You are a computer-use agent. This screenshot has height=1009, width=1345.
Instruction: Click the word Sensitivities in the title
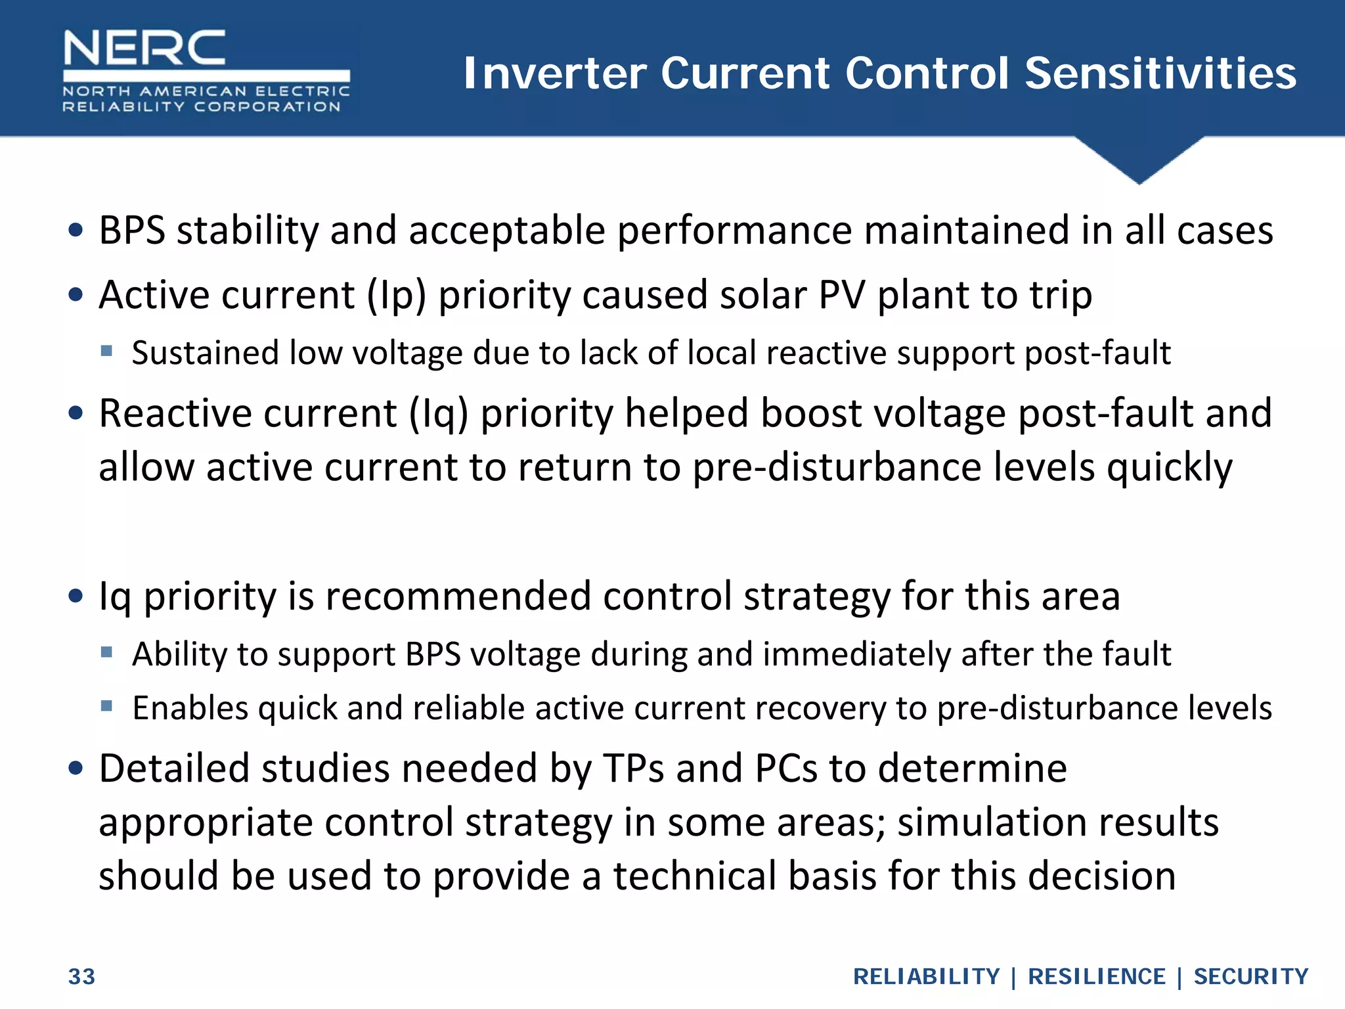[x=1160, y=73]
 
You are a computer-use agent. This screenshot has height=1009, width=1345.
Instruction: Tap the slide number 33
[x=81, y=977]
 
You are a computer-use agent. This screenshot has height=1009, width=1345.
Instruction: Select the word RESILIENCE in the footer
[x=1096, y=977]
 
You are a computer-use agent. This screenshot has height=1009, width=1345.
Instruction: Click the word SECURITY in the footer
[x=1250, y=977]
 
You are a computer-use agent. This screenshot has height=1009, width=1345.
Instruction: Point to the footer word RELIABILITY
[x=926, y=977]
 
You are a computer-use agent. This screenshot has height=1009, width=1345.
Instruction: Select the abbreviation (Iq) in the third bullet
[x=438, y=414]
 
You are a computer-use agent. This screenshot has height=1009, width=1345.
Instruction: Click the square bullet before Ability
[x=106, y=652]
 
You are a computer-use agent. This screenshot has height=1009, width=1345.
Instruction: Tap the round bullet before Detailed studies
[x=76, y=767]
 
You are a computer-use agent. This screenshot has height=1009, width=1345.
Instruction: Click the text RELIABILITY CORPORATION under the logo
[x=201, y=106]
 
